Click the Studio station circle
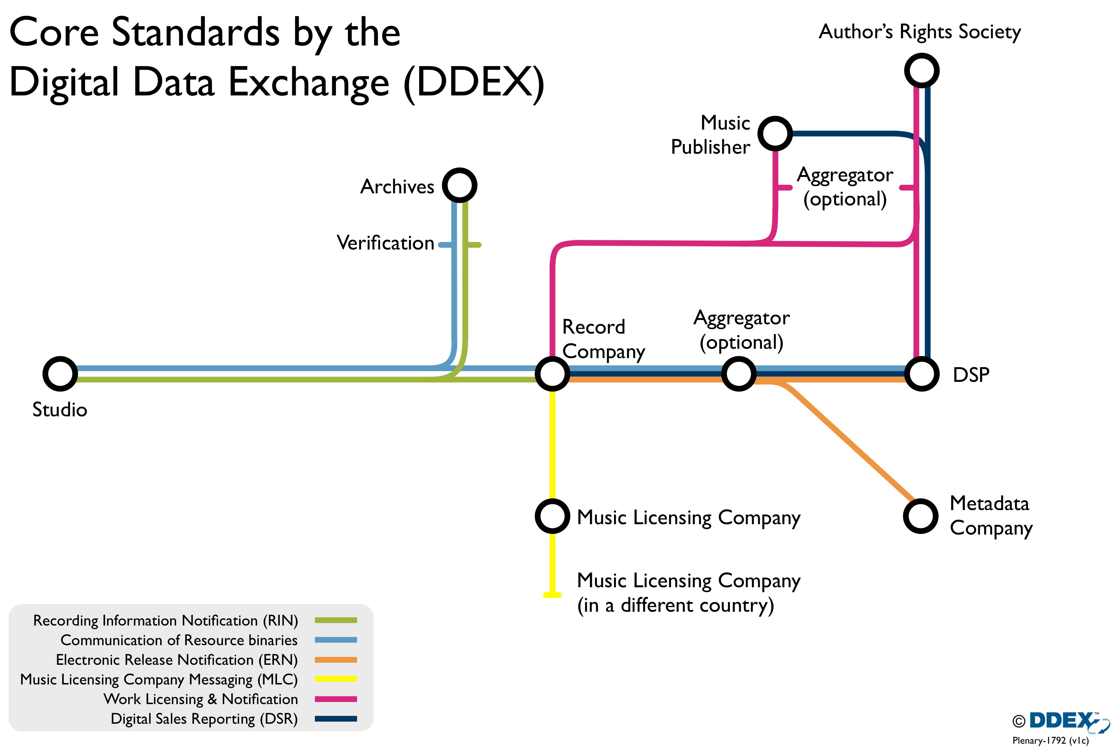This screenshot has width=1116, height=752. [x=60, y=374]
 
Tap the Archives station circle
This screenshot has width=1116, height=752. [x=459, y=185]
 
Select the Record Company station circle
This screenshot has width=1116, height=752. [x=552, y=374]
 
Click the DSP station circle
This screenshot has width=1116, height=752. [x=921, y=374]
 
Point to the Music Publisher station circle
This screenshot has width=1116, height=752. [x=775, y=133]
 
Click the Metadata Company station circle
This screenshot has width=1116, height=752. [x=920, y=516]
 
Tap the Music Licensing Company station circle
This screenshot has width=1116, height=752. [x=552, y=516]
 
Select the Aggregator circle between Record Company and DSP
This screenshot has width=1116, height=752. [x=739, y=374]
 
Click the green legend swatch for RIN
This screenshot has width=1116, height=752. [x=336, y=620]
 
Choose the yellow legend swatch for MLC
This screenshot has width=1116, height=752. [x=336, y=679]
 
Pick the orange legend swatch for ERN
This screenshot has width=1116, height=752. [x=336, y=659]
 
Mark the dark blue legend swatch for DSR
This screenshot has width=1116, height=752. [x=336, y=719]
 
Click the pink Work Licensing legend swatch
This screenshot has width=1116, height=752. [x=336, y=699]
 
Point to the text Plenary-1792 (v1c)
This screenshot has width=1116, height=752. [x=1050, y=741]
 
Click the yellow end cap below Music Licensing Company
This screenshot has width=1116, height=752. [x=552, y=595]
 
